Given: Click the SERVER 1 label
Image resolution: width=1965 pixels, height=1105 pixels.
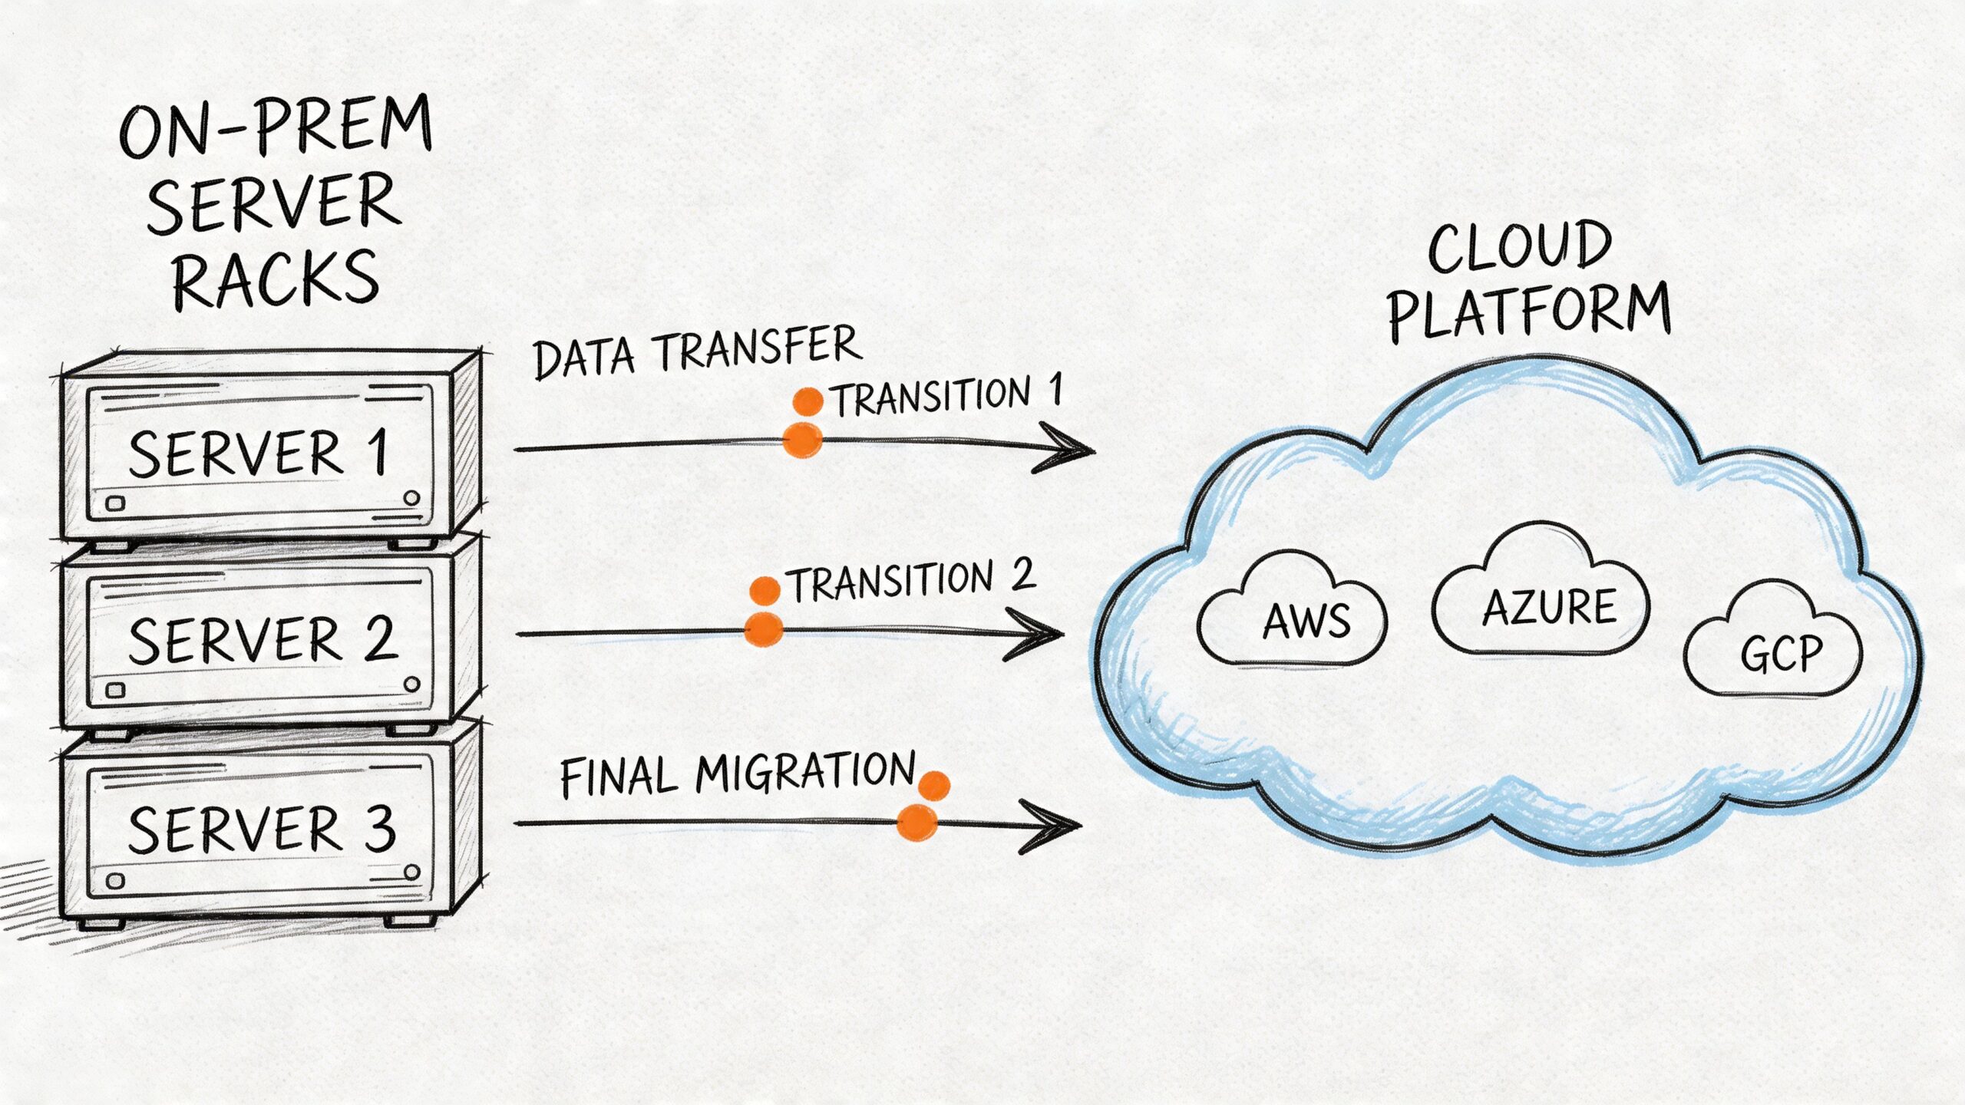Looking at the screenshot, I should coord(258,454).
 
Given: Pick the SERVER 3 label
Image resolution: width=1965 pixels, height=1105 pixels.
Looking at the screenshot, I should coord(261,830).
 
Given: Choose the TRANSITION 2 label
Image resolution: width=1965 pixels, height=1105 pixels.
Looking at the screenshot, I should coord(913,582).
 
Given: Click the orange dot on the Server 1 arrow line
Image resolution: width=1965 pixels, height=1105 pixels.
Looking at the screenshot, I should coord(802,440).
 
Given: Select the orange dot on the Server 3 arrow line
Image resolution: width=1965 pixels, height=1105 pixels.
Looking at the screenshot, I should coord(917,823).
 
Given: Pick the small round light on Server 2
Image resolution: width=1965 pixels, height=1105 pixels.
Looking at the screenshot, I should coord(412,684).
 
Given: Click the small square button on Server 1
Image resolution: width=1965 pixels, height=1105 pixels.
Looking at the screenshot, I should coord(115,504).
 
